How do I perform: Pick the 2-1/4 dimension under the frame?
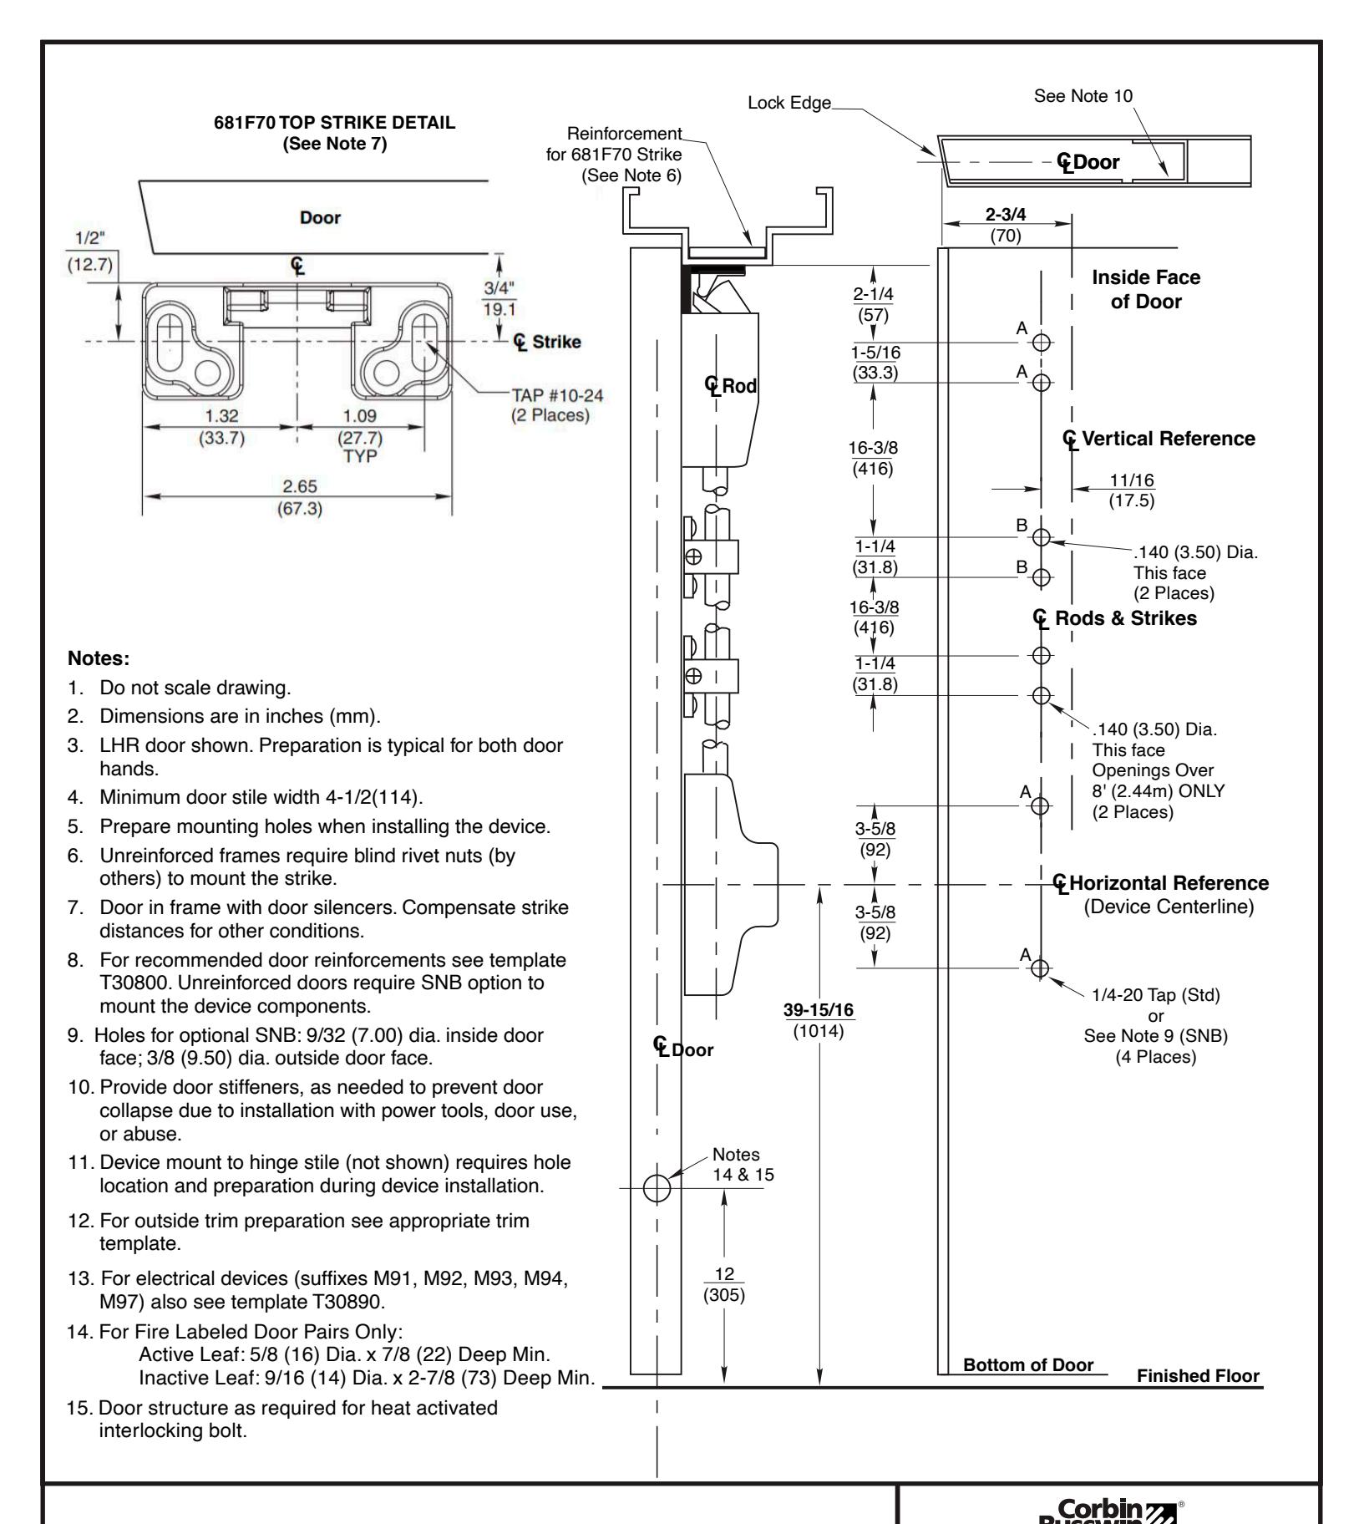tap(874, 296)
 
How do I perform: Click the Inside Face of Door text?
tap(1145, 290)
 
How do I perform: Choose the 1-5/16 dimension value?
tap(875, 354)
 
